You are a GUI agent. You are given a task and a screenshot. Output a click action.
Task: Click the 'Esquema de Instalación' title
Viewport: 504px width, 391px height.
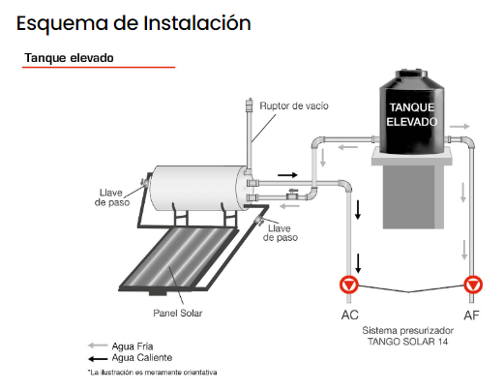point(133,23)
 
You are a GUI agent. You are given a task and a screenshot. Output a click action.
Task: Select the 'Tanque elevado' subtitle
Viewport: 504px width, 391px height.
point(69,58)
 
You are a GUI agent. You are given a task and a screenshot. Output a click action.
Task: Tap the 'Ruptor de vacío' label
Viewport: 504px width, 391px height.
point(294,105)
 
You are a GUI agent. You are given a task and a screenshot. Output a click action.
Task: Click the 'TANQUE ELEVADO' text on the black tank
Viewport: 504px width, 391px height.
point(412,114)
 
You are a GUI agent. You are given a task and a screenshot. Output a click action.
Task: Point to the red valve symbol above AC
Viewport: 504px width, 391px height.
point(349,285)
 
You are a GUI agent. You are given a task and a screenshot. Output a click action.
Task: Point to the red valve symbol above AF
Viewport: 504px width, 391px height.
point(473,285)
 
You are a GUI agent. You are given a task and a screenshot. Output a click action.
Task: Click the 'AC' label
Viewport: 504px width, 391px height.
point(349,315)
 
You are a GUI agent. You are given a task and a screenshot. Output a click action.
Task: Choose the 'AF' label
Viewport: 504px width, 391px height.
point(471,315)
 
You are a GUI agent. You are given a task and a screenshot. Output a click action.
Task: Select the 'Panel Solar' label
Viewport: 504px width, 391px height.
point(178,313)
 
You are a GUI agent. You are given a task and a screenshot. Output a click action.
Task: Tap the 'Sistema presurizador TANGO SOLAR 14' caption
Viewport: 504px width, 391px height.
point(408,336)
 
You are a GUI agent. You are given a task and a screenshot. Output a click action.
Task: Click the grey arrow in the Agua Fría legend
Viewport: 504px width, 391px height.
point(98,346)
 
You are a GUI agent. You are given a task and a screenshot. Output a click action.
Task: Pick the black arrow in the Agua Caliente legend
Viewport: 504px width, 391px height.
point(98,358)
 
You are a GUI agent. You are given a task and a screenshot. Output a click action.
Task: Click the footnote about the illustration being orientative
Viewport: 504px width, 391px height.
point(152,373)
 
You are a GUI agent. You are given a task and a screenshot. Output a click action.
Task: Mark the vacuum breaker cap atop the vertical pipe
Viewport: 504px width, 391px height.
point(249,105)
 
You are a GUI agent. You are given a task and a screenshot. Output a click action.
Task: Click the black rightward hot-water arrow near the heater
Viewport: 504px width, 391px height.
point(287,175)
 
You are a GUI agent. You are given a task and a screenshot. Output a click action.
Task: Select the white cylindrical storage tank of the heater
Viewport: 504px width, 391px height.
point(198,188)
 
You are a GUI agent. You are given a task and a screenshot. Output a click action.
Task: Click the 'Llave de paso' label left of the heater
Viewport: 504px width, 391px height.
point(112,197)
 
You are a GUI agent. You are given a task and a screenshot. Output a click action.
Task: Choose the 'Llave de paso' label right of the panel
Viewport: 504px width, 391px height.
point(280,233)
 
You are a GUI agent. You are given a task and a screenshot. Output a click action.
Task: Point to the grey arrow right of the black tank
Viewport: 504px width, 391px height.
point(460,126)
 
